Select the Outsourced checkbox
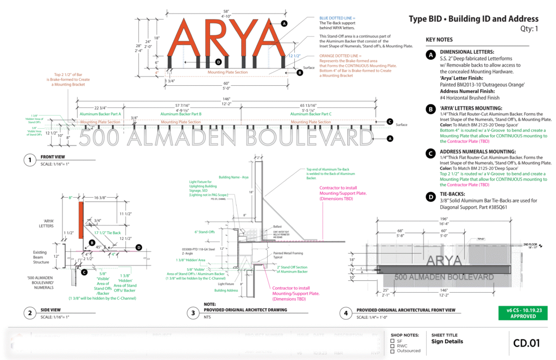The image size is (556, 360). (x=392, y=351)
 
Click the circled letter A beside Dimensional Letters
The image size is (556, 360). (x=431, y=54)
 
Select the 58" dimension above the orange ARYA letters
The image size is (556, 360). (x=225, y=12)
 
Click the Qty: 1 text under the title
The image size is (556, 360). (x=525, y=29)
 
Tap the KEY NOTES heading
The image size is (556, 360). (x=439, y=40)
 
